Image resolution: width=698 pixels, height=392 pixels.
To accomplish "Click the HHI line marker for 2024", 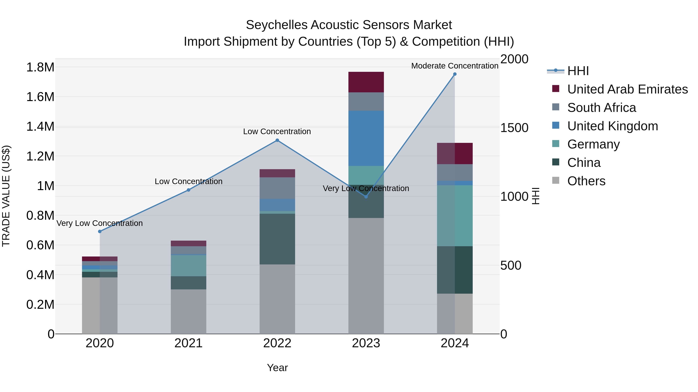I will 455,74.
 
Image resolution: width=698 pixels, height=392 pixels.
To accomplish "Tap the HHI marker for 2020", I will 100,231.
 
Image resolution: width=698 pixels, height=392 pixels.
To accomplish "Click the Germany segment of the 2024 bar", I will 455,216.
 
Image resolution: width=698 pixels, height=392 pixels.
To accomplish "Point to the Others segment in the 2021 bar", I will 188,311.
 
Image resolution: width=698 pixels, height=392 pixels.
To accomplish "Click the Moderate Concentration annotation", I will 455,66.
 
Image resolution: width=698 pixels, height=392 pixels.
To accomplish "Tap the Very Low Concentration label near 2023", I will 366,188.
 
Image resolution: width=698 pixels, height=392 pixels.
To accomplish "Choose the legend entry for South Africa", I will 601,108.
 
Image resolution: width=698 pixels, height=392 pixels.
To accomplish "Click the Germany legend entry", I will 593,144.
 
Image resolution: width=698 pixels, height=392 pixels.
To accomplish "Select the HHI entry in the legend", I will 578,71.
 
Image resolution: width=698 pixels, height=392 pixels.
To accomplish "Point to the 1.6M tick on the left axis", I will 40,97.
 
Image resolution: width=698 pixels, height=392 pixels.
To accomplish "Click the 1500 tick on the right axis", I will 514,128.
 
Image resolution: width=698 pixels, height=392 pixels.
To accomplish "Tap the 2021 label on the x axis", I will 188,343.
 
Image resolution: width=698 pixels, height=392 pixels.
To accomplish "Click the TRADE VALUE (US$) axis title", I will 6,196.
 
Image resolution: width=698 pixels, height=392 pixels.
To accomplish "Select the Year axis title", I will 277,368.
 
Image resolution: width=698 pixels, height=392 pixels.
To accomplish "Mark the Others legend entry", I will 586,181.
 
